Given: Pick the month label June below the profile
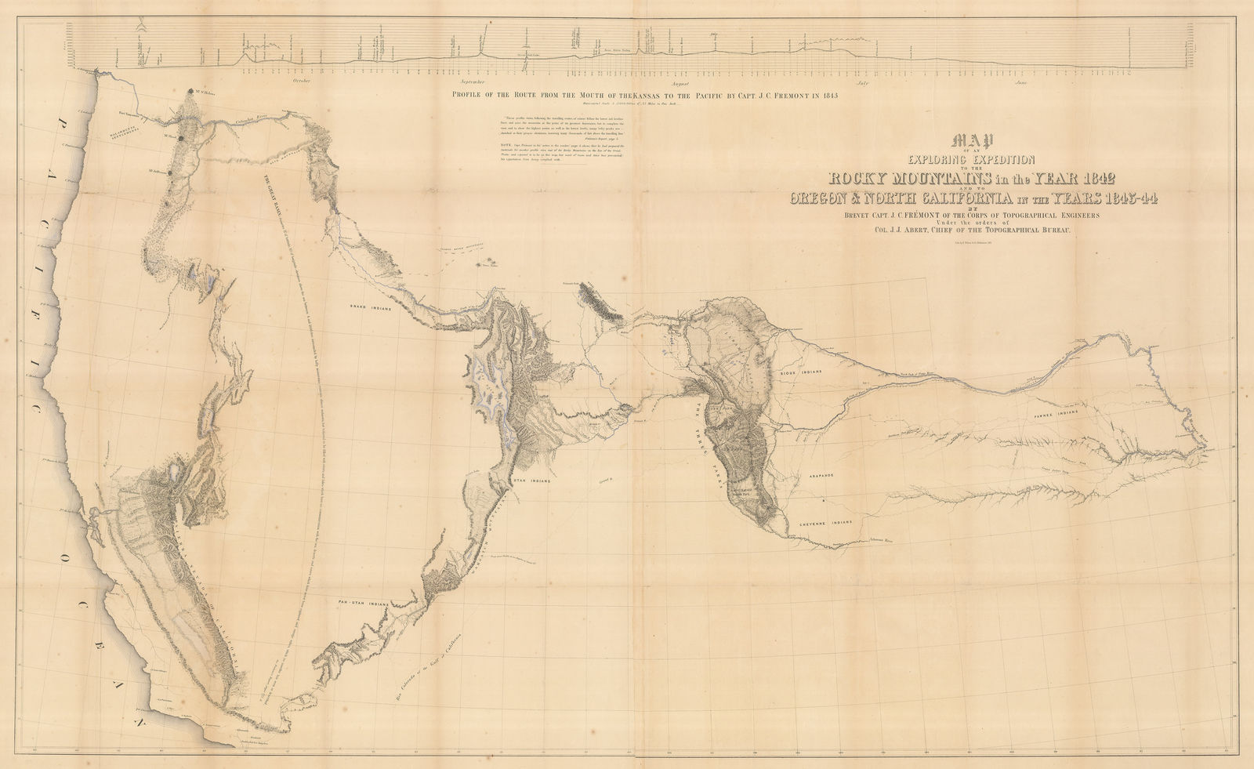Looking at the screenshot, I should [x=1020, y=82].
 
